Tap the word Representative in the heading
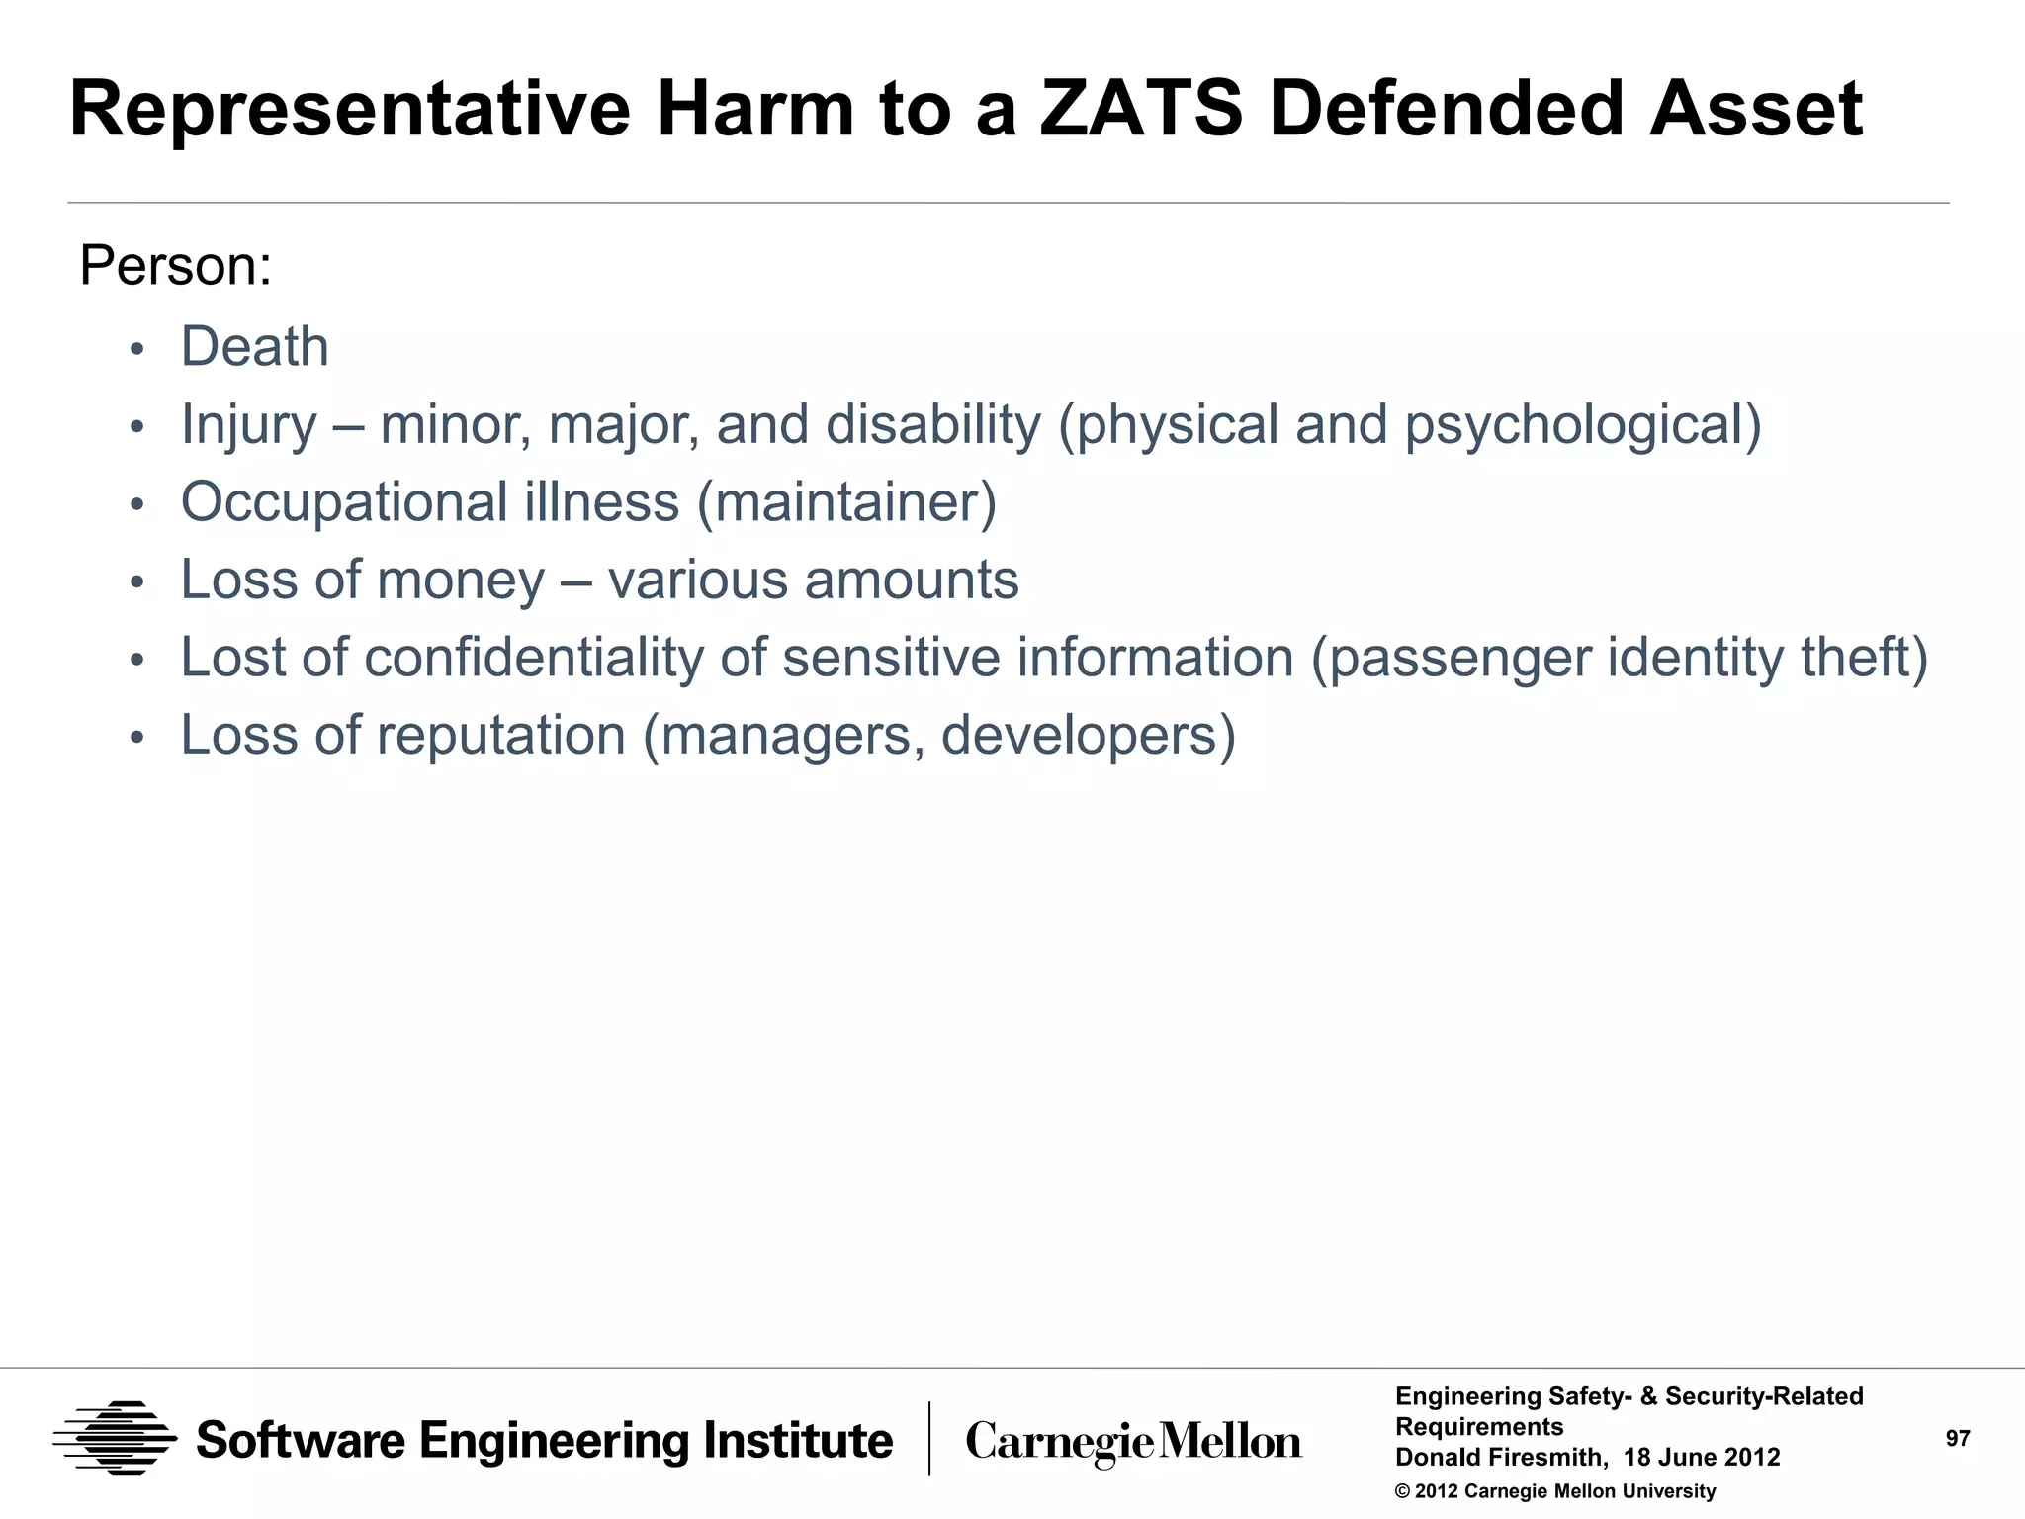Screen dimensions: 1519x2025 pos(349,109)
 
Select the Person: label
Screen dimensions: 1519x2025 pos(175,266)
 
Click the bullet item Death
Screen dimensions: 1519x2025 pos(254,347)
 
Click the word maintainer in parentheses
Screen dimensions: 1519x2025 pos(846,502)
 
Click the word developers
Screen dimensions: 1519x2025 pos(1079,735)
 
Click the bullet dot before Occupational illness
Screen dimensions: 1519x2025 pos(137,505)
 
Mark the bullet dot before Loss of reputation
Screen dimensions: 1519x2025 pos(137,738)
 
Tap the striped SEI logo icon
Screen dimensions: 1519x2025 pos(115,1439)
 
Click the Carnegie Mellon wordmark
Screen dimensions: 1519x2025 pos(1133,1442)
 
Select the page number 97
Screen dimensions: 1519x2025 pos(1957,1439)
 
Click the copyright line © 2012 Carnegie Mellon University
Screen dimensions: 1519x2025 pos(1554,1491)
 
